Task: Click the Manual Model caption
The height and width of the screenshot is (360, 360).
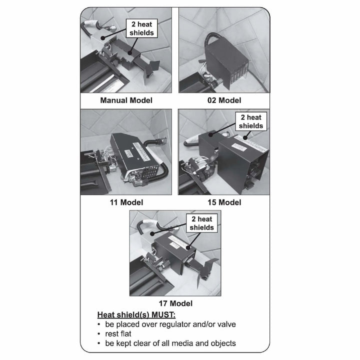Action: [x=126, y=100]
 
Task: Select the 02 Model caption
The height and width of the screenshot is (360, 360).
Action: [x=223, y=100]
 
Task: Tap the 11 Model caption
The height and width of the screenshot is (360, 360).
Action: [x=126, y=202]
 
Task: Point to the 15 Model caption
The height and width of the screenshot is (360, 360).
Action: [x=224, y=202]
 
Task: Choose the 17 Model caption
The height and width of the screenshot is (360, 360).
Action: [x=175, y=303]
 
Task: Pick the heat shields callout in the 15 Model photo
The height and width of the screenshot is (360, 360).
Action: [x=250, y=121]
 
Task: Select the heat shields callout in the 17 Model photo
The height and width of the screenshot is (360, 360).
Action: [x=201, y=223]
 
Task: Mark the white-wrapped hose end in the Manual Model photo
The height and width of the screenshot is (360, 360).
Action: [x=92, y=25]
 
